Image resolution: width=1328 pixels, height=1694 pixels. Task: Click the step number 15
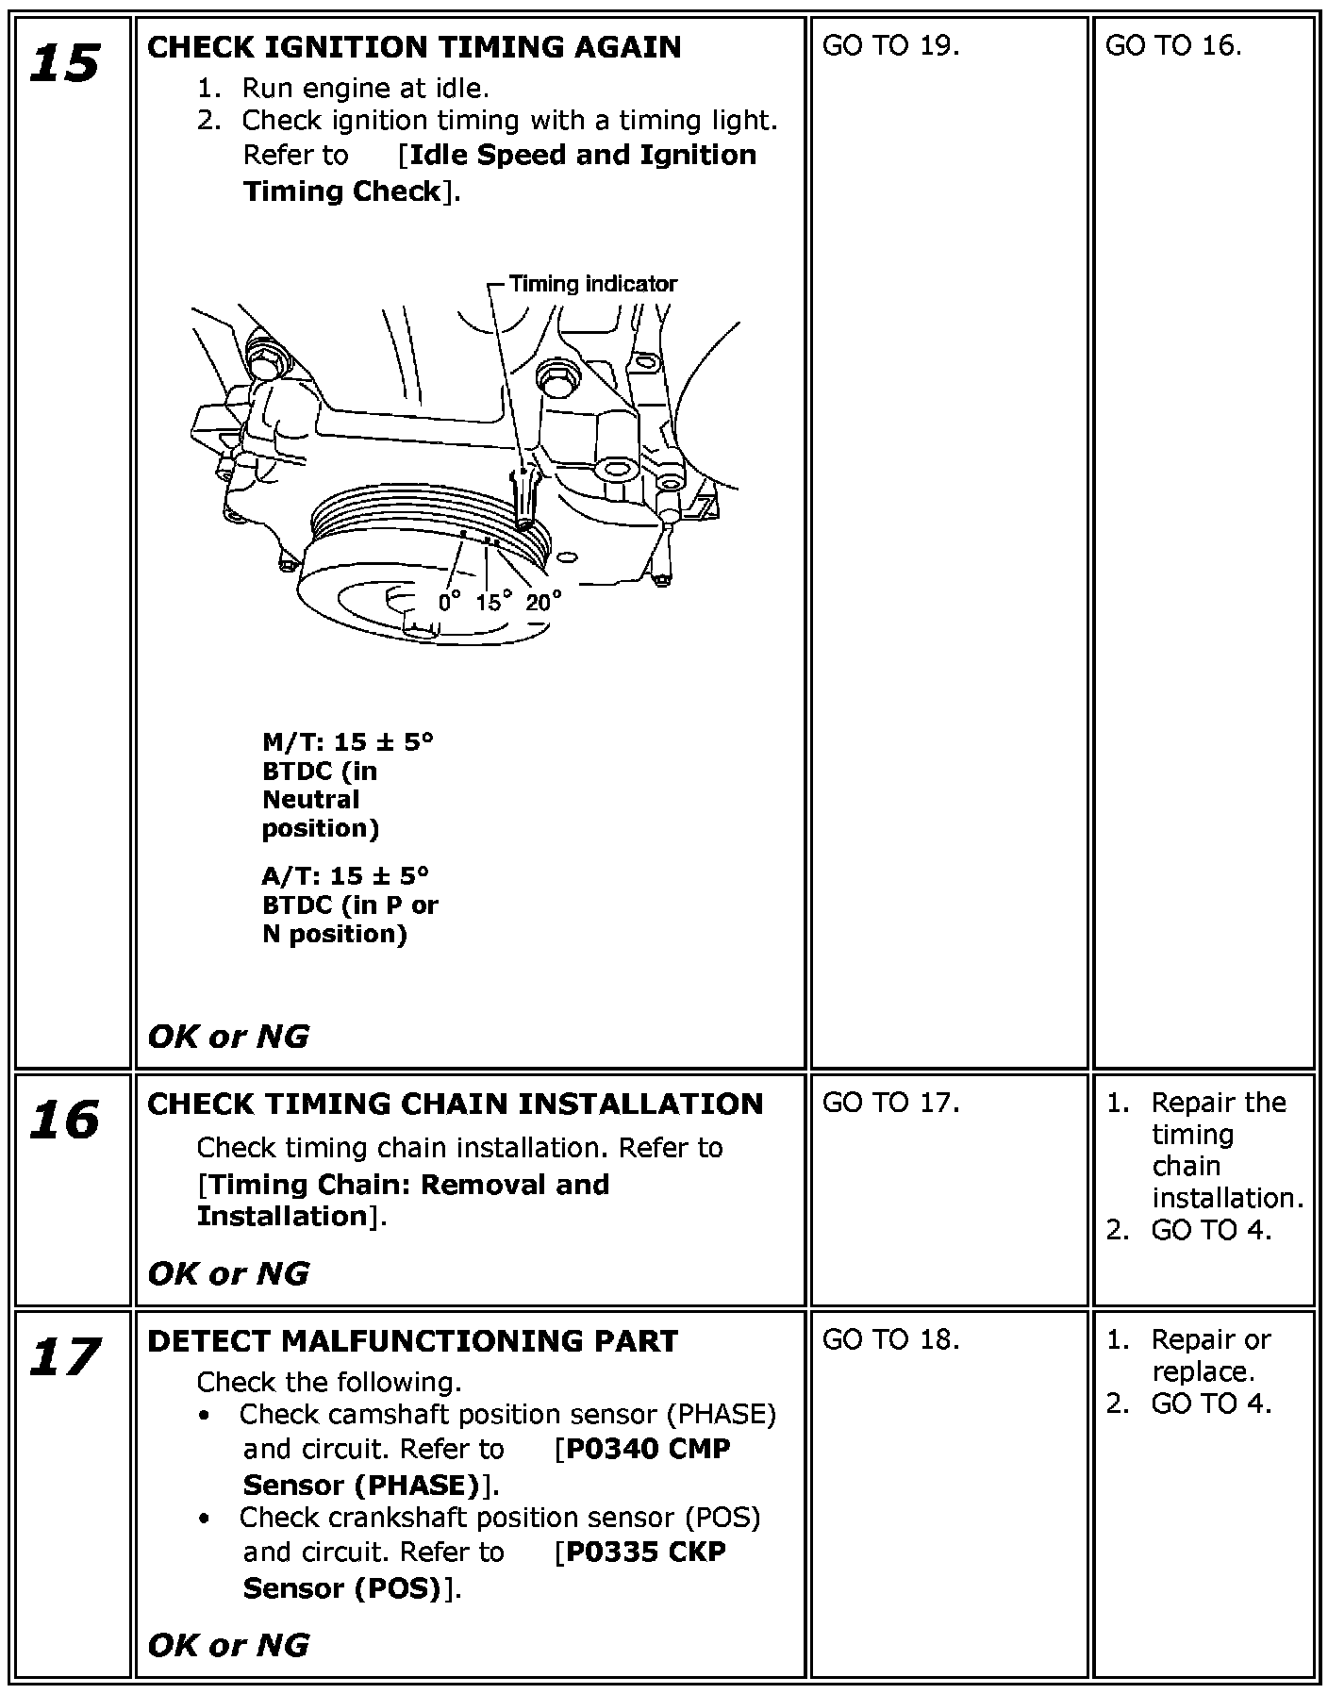[x=65, y=63]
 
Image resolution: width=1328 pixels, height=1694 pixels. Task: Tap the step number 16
[x=65, y=1121]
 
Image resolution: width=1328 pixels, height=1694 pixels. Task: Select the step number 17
[x=65, y=1357]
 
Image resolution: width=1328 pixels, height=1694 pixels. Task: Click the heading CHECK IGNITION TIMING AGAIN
[x=414, y=47]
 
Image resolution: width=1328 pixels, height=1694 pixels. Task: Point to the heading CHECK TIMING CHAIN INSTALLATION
[x=456, y=1104]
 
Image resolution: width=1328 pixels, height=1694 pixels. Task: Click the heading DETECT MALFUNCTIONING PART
[x=413, y=1340]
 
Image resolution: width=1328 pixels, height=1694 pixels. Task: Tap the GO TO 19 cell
[x=890, y=45]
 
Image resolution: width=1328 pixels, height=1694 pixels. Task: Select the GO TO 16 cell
[x=1172, y=45]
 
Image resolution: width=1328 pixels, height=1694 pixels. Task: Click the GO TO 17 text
[x=890, y=1103]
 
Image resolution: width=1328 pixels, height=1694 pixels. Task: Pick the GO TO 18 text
[x=890, y=1339]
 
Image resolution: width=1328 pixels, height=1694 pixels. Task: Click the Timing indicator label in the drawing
[x=592, y=283]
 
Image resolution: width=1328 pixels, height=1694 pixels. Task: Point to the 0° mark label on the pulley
[x=449, y=601]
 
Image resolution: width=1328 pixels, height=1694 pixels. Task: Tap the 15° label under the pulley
[x=493, y=601]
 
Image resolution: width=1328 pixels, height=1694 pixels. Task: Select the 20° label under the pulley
[x=543, y=601]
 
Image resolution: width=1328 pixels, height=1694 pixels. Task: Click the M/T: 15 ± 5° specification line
[x=348, y=741]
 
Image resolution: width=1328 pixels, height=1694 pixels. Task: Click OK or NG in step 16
[x=228, y=1273]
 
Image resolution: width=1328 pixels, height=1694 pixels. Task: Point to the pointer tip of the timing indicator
[x=524, y=522]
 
